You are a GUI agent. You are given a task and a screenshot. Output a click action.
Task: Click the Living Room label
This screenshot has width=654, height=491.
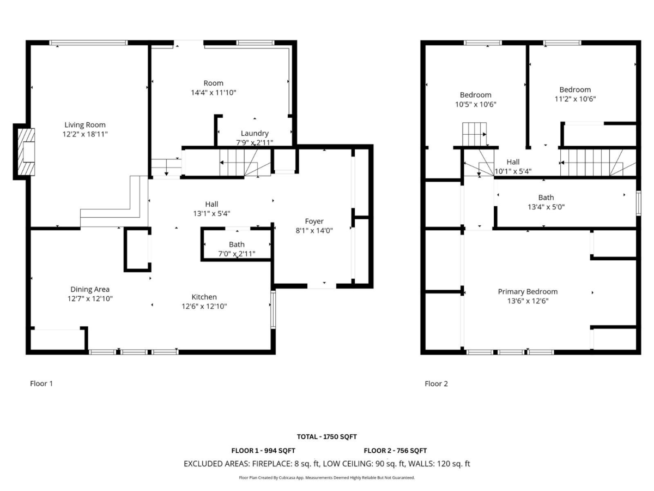[x=85, y=125]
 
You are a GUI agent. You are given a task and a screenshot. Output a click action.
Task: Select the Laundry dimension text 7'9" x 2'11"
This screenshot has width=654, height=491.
[x=255, y=142]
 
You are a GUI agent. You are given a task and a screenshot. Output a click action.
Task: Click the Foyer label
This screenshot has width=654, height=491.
[x=314, y=221]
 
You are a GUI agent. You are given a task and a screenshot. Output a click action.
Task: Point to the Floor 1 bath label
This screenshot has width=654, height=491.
[x=237, y=244]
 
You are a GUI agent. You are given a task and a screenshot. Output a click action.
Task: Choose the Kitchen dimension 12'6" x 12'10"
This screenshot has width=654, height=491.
[x=204, y=307]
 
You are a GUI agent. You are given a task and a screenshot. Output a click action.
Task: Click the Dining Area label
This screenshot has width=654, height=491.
[x=90, y=289]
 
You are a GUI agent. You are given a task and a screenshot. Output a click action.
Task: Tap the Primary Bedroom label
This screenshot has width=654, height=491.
[x=528, y=291]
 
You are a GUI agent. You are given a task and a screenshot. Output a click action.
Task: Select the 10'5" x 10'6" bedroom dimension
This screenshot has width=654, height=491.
[x=475, y=104]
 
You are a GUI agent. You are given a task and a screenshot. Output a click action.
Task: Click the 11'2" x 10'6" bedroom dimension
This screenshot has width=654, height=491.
[x=574, y=99]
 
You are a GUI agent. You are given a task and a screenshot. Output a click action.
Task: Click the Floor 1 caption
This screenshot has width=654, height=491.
[x=41, y=384]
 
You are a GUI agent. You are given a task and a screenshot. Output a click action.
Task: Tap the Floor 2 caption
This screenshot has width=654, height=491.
[x=436, y=384]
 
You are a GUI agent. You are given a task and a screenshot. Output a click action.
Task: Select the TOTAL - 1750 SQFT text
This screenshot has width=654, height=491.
[x=327, y=436]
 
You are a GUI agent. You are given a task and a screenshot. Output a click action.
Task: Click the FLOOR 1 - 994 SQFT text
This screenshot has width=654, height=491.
[x=263, y=451]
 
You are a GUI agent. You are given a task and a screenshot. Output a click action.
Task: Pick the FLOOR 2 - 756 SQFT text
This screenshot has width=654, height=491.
[x=395, y=451]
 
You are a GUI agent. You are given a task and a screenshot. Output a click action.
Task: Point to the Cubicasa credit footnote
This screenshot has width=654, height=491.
[x=327, y=478]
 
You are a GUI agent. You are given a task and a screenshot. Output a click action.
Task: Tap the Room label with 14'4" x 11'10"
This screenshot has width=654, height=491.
[x=214, y=83]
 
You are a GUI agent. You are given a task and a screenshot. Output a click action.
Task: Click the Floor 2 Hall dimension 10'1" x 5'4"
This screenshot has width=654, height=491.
[x=513, y=171]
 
